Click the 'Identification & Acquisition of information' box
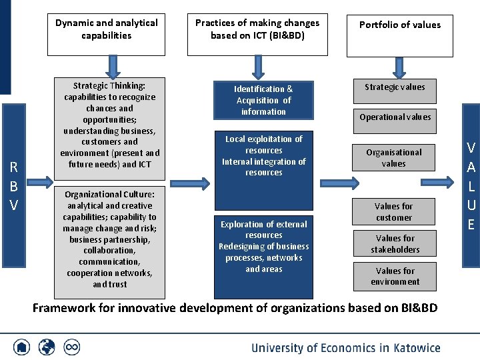click(x=263, y=100)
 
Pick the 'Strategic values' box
click(x=395, y=87)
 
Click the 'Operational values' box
click(x=395, y=117)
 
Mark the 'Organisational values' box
click(x=394, y=158)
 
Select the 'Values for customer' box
click(x=394, y=212)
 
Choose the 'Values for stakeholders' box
click(x=395, y=244)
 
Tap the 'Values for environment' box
click(x=395, y=276)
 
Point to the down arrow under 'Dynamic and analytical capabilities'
click(x=113, y=66)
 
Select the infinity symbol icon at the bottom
click(x=71, y=347)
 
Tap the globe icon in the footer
click(x=47, y=347)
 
